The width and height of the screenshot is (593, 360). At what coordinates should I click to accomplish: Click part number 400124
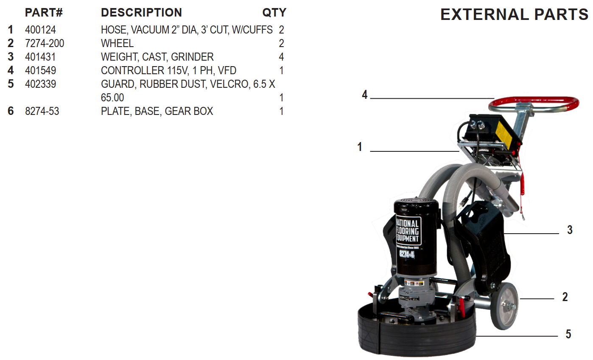(x=40, y=30)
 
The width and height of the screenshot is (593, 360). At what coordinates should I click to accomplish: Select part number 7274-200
(x=45, y=43)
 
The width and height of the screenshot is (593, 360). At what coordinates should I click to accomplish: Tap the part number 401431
(x=40, y=57)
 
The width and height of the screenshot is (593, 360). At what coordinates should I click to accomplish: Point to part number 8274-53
(x=42, y=111)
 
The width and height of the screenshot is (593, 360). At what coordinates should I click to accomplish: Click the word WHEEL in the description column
(x=117, y=43)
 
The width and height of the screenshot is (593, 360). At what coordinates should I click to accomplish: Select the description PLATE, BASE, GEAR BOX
(x=157, y=111)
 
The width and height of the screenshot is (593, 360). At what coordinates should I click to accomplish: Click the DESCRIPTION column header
(x=141, y=12)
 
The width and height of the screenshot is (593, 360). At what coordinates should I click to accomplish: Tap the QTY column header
(x=274, y=12)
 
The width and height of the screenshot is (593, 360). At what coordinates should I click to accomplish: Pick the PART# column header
(x=44, y=12)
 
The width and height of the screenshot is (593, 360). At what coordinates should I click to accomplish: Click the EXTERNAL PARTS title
(x=514, y=14)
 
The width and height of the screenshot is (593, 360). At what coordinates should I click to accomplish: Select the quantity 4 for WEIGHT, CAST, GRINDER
(x=281, y=57)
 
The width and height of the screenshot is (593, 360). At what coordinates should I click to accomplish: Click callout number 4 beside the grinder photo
(x=364, y=95)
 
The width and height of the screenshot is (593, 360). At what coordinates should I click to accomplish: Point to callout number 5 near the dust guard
(x=568, y=334)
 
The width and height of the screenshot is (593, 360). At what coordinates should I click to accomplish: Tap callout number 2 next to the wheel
(x=565, y=297)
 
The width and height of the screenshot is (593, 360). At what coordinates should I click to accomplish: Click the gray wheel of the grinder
(x=504, y=306)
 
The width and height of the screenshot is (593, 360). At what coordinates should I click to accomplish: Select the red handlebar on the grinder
(x=534, y=104)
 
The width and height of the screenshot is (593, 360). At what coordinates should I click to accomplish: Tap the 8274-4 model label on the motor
(x=407, y=254)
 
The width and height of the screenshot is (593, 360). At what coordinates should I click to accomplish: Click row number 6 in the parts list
(x=11, y=111)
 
